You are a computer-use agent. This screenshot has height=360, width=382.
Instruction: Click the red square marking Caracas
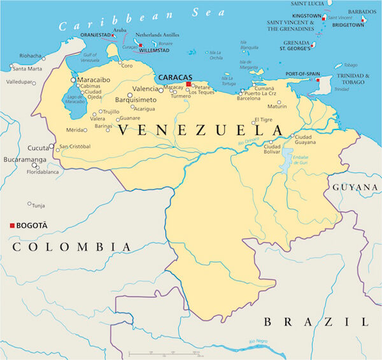(x=188, y=85)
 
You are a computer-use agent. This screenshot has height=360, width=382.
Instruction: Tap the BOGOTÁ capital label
(x=33, y=226)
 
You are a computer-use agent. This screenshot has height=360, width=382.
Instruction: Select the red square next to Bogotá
(x=12, y=226)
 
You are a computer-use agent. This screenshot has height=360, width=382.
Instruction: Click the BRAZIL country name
(x=316, y=322)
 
